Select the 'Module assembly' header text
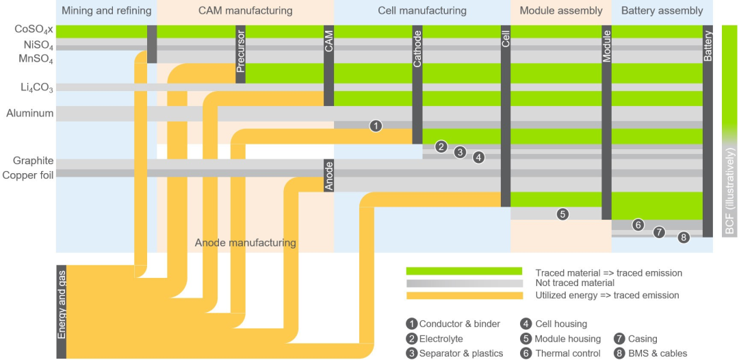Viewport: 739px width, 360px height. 561,11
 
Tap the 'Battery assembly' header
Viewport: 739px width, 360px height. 662,11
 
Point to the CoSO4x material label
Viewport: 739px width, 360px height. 34,30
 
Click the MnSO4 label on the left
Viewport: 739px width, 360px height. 36,60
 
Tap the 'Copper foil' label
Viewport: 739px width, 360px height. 28,175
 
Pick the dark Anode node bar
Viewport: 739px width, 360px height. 328,175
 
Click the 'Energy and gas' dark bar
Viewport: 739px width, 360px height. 62,311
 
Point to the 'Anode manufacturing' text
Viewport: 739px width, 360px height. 245,243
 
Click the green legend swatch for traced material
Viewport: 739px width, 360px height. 464,272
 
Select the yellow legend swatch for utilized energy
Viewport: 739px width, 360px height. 464,296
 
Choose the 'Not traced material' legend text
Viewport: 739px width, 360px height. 575,283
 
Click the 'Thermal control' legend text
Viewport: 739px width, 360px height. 567,354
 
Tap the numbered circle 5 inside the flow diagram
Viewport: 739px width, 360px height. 562,214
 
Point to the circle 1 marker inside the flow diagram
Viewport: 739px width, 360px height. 376,126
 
